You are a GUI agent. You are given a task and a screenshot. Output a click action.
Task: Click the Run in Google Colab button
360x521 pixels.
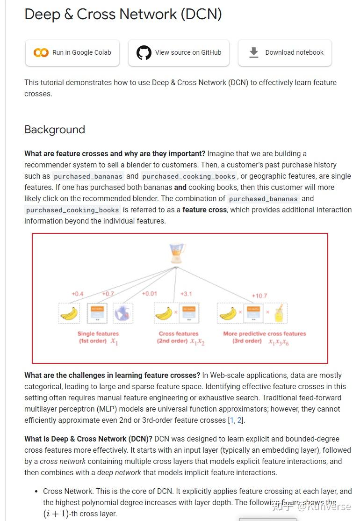(x=72, y=53)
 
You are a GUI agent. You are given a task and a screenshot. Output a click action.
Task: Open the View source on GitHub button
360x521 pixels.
(x=179, y=53)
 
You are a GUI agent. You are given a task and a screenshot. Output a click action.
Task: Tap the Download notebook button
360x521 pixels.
(x=285, y=53)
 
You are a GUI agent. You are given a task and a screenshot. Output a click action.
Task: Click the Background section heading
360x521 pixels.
(x=55, y=130)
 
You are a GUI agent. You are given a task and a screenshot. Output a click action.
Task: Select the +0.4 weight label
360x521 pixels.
(x=77, y=294)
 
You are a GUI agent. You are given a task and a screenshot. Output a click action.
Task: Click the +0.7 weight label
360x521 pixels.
(x=108, y=294)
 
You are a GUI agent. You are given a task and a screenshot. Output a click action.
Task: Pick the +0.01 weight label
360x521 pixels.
(x=149, y=294)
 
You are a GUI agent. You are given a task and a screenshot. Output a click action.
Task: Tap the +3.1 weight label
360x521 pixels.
(x=186, y=294)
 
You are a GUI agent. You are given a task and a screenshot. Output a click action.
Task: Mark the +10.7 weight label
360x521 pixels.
(x=259, y=296)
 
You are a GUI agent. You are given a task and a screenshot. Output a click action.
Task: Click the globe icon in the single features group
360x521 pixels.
(x=123, y=313)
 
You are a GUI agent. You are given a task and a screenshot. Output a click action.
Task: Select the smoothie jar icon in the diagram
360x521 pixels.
(x=279, y=313)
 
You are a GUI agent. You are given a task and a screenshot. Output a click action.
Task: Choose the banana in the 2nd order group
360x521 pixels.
(x=164, y=313)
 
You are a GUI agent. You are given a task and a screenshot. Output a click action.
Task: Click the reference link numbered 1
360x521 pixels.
(x=232, y=420)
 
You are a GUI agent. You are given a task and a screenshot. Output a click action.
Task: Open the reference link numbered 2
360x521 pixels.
(x=239, y=420)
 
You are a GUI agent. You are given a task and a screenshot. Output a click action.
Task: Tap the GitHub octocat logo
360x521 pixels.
(x=144, y=53)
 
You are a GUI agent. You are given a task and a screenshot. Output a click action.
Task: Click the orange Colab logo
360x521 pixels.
(x=41, y=53)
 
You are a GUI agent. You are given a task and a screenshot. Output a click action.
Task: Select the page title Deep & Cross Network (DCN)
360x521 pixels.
(x=123, y=14)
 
